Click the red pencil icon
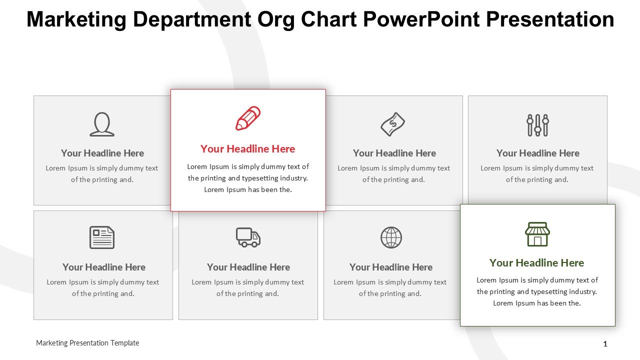248,118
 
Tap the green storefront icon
537,234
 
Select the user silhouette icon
102,124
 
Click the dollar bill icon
393,124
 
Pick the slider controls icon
537,125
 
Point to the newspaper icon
102,237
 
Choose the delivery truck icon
248,237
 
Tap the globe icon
391,237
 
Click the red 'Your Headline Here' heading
247,149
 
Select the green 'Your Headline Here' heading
537,263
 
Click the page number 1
605,343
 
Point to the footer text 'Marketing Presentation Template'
87,343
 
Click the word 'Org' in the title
275,20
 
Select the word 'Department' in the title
191,20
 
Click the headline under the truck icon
248,267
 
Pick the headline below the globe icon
391,267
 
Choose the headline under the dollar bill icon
394,153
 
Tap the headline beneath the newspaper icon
104,267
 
